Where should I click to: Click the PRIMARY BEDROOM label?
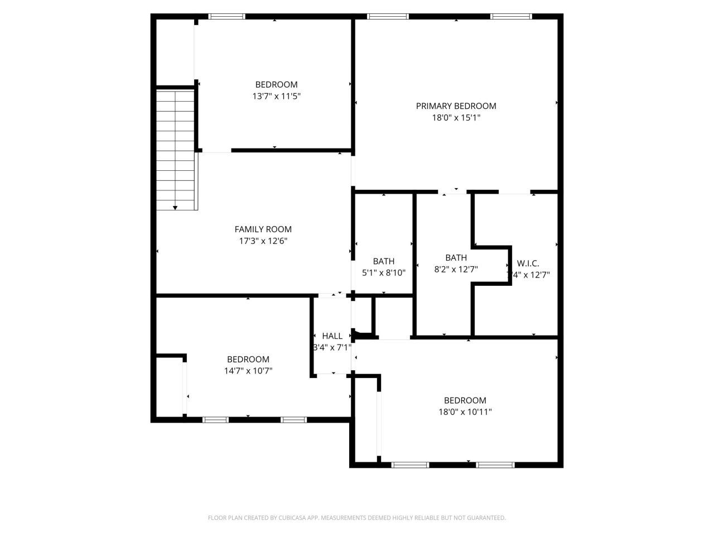click(456, 106)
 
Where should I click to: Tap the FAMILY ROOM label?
click(263, 229)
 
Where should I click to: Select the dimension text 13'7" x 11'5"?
click(277, 96)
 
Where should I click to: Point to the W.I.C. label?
click(528, 264)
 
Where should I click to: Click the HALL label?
click(332, 336)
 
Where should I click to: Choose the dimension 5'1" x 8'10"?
click(384, 273)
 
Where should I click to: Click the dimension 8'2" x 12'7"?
click(456, 269)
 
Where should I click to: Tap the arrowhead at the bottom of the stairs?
click(175, 208)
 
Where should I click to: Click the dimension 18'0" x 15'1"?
click(456, 118)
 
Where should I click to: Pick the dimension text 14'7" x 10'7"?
click(248, 371)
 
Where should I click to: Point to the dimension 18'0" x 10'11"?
click(465, 412)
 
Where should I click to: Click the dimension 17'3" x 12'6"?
click(263, 241)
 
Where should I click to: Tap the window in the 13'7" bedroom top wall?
click(226, 17)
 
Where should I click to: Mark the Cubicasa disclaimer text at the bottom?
click(357, 518)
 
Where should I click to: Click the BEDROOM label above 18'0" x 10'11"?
click(465, 400)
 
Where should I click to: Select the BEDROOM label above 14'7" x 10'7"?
click(248, 360)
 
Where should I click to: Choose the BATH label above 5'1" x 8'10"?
click(384, 261)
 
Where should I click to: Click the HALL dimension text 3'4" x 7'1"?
click(332, 347)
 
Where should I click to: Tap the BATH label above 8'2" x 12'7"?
click(456, 258)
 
